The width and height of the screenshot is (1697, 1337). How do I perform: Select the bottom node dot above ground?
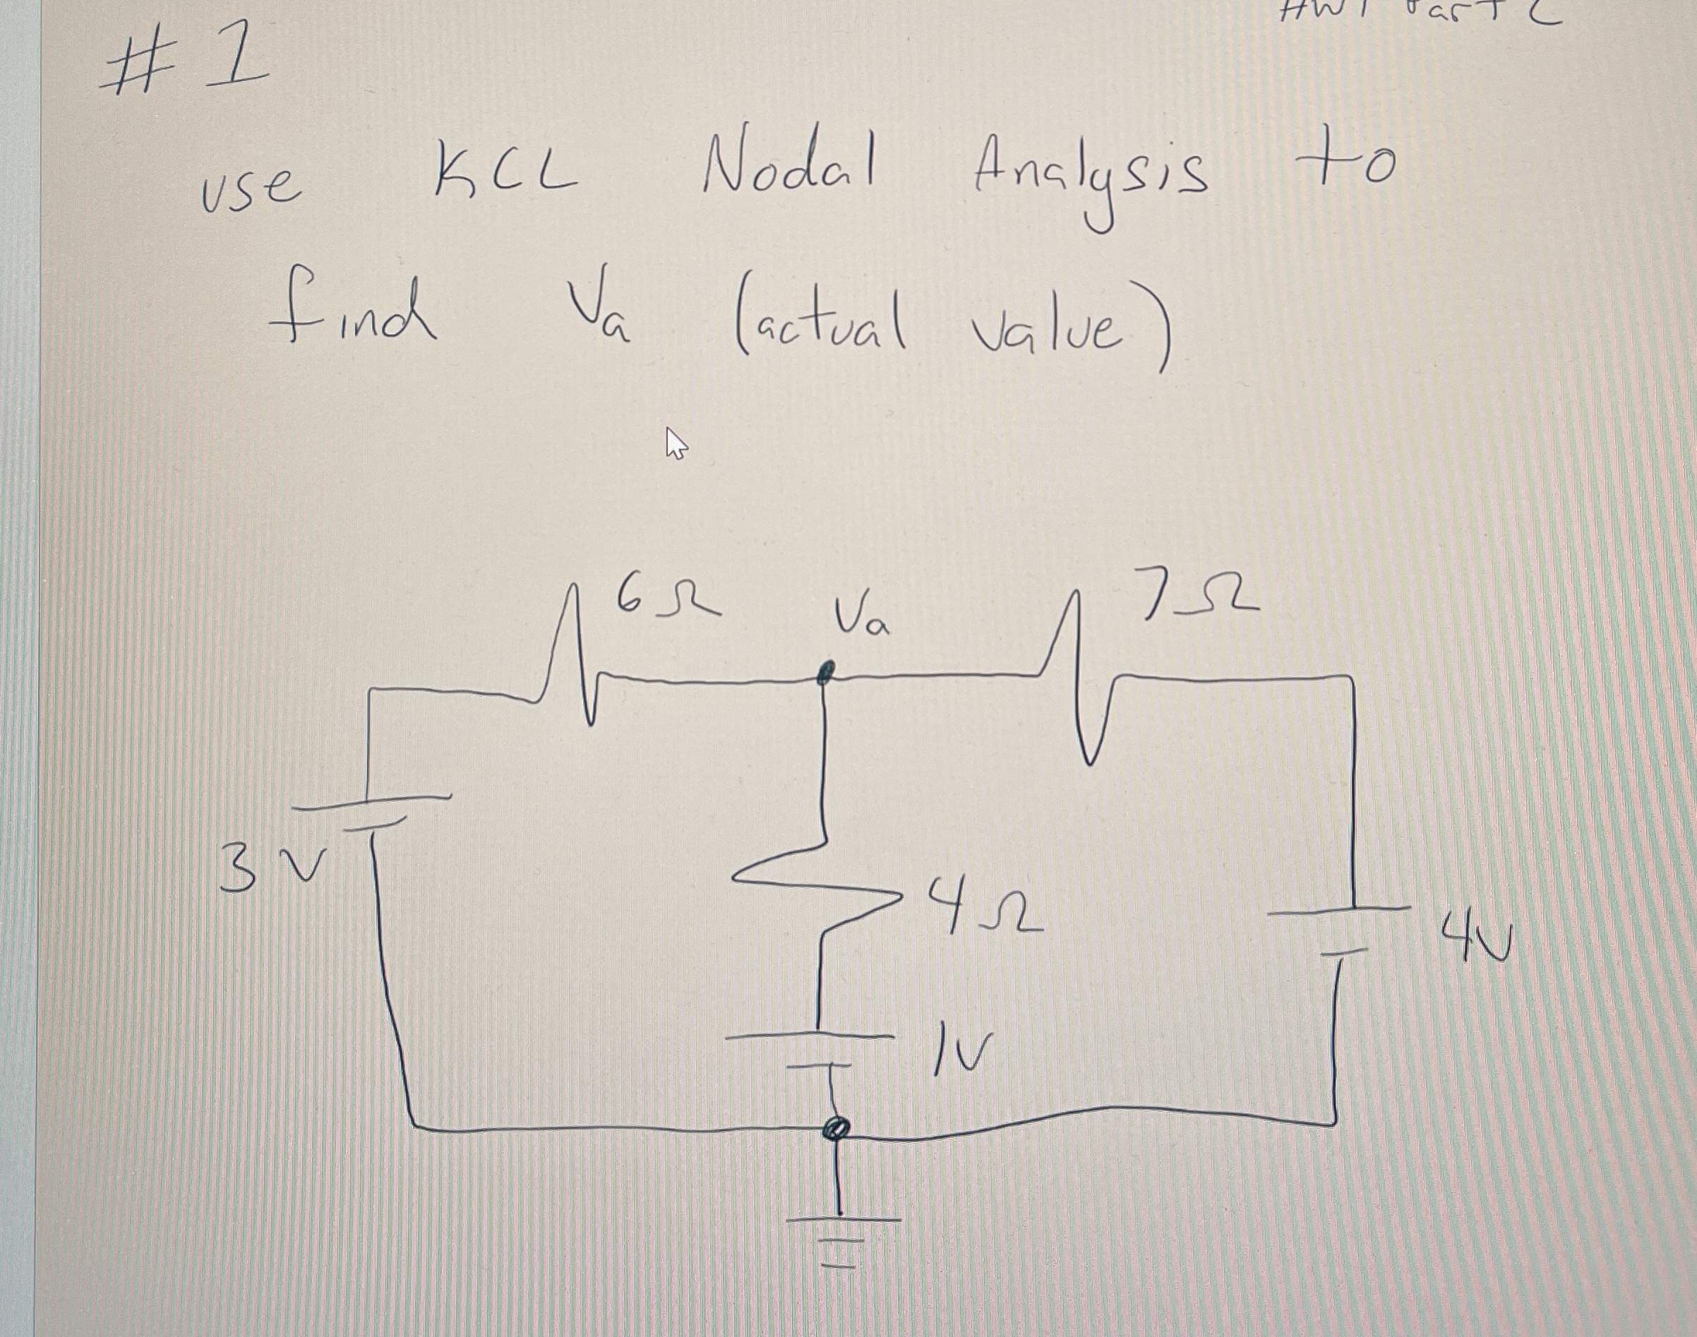click(836, 1129)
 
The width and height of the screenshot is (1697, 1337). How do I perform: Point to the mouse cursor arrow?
click(675, 443)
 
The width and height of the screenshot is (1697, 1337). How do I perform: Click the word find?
click(352, 311)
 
